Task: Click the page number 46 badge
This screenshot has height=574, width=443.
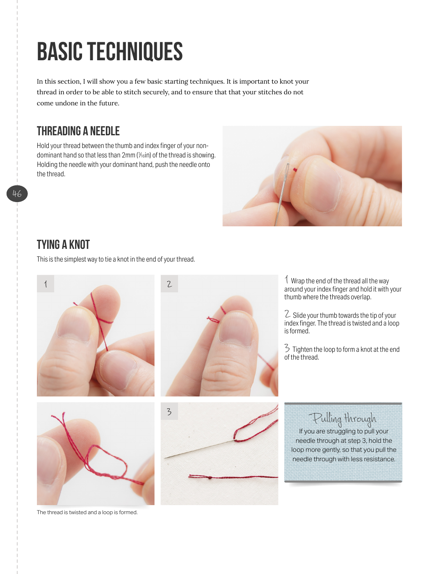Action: click(17, 194)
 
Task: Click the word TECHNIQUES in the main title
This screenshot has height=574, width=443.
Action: click(135, 52)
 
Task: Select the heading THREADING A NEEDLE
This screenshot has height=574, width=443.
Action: click(78, 131)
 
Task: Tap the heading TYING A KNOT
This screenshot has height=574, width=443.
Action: click(63, 245)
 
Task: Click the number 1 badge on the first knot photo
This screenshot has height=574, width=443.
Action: click(46, 284)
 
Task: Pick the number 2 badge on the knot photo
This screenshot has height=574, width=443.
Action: click(169, 284)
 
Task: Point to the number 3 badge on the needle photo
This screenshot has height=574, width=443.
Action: click(169, 411)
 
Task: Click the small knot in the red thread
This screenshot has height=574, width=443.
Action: click(210, 478)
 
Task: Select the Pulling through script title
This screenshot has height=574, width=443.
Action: click(343, 419)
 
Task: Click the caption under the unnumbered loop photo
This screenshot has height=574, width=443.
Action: click(87, 512)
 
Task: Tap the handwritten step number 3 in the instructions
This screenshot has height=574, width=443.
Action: click(287, 348)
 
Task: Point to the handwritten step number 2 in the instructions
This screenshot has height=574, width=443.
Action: click(288, 314)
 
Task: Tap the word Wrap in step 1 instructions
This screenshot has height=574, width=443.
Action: click(298, 281)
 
